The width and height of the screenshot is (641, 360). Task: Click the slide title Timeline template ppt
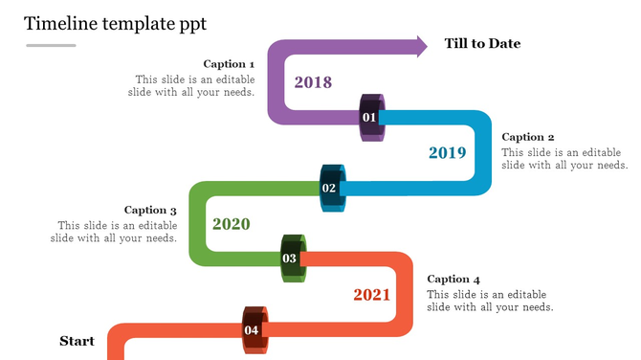115,22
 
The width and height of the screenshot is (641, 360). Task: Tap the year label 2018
313,82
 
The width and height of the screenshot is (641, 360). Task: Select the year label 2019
447,152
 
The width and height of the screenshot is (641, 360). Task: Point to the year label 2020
231,224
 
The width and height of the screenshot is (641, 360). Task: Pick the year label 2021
371,294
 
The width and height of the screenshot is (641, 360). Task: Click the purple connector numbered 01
371,118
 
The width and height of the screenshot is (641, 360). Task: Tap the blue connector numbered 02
331,188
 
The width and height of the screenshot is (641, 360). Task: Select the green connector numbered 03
291,258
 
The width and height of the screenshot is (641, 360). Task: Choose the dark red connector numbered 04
253,330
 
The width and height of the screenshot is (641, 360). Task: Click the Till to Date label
482,44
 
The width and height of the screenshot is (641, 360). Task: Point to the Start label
77,341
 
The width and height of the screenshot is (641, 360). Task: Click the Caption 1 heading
229,64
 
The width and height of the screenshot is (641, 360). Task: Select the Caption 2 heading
528,137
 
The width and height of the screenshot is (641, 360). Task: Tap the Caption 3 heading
151,210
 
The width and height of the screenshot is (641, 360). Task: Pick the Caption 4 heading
453,279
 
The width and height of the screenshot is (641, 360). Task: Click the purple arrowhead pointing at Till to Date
417,46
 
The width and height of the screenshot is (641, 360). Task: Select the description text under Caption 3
114,232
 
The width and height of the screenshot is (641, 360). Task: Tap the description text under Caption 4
490,301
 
